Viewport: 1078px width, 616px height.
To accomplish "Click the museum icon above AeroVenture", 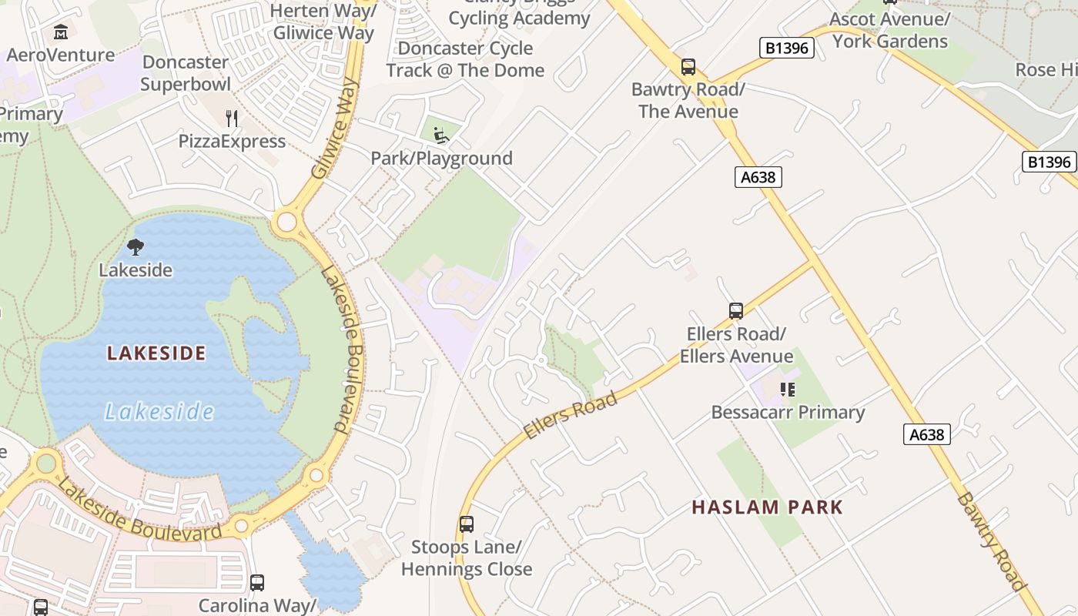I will (x=61, y=32).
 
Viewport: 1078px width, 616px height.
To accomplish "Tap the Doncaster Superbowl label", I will (x=186, y=73).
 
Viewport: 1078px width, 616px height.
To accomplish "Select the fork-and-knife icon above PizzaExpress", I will (x=232, y=118).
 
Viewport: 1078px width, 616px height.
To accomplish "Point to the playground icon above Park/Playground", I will (x=440, y=136).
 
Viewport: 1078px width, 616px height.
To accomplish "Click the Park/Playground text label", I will (x=441, y=159).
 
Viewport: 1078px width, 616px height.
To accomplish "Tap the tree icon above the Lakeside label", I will (x=136, y=247).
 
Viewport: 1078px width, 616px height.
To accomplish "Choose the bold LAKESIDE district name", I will (x=156, y=353).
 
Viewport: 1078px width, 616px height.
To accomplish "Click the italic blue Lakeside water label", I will (x=159, y=412).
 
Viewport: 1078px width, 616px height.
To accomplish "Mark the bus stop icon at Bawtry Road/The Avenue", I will (x=688, y=67).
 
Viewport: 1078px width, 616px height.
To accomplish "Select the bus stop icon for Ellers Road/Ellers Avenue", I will (x=735, y=311).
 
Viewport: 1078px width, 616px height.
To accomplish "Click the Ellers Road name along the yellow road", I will (x=571, y=415).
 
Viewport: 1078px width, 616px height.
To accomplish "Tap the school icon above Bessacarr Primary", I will (x=787, y=390).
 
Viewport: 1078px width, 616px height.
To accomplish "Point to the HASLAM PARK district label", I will (x=767, y=507).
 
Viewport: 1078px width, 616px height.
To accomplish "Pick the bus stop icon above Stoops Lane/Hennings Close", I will (x=466, y=524).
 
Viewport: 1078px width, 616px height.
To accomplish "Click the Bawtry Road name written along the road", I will (x=992, y=541).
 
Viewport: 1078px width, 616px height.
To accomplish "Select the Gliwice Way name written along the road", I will (x=336, y=128).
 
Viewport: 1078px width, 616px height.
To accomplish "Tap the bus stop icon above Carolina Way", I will (x=257, y=583).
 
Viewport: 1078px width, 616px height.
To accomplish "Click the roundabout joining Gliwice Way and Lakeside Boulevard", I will (x=286, y=222).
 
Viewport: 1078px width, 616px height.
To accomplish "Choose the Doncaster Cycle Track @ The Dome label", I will (x=465, y=59).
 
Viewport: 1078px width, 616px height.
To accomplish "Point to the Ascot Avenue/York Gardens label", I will (x=890, y=30).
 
